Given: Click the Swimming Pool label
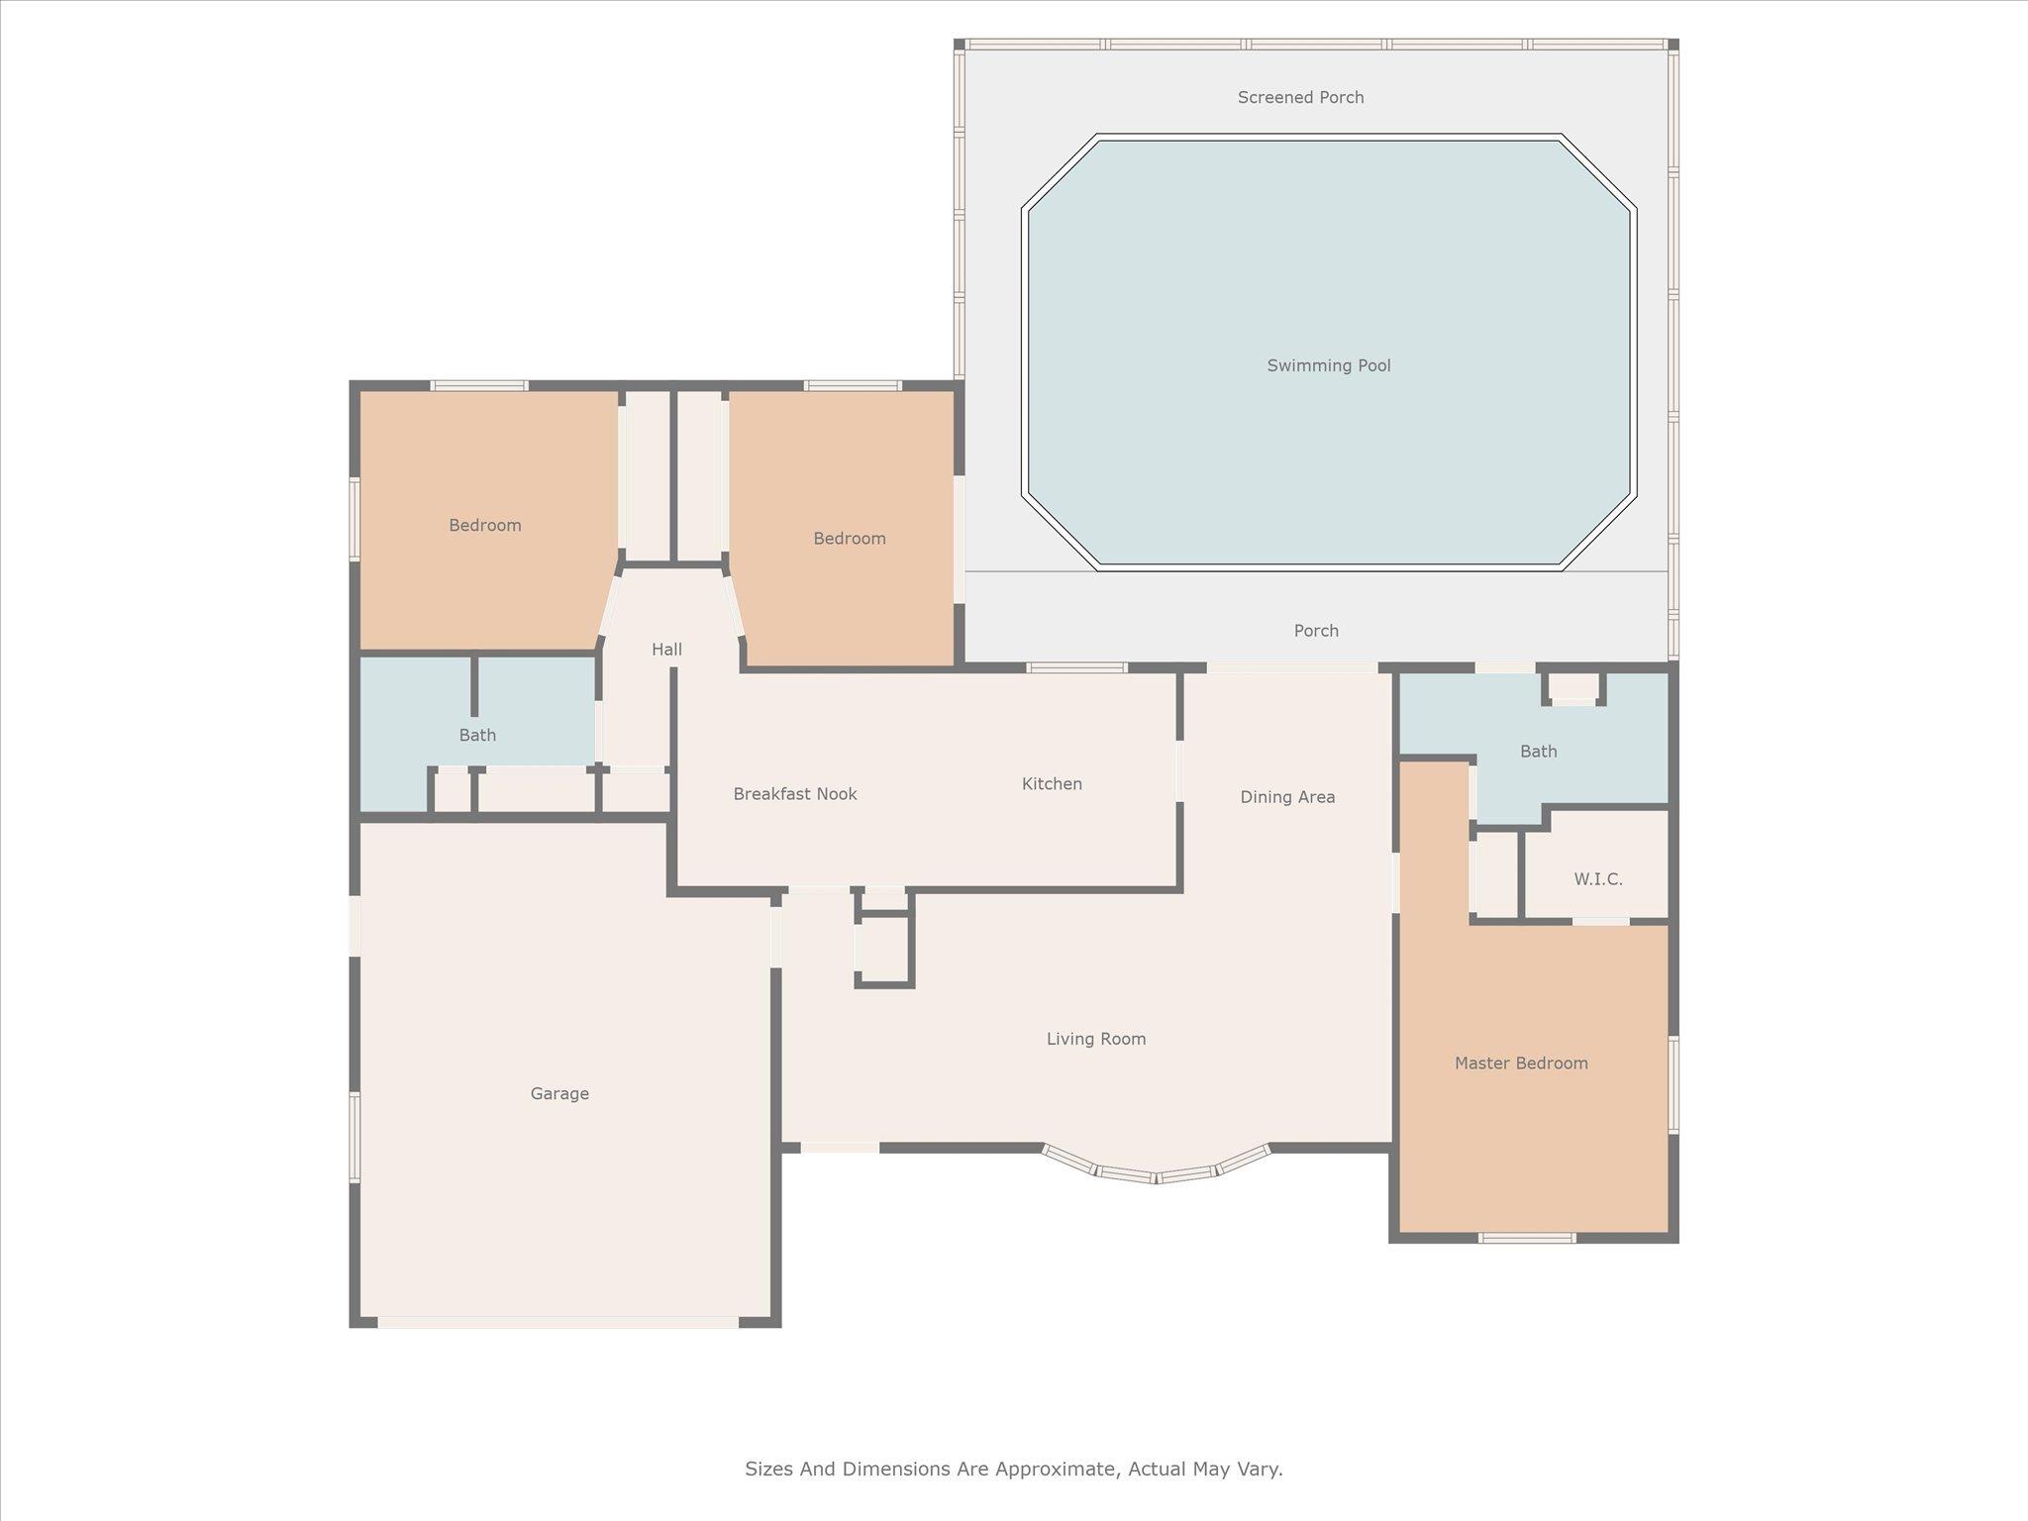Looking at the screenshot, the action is (1329, 365).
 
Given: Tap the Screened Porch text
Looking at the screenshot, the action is (1301, 97).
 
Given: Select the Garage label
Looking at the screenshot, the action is (559, 1093).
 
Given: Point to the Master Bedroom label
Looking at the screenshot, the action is (1521, 1063).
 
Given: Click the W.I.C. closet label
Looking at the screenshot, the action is (1598, 878).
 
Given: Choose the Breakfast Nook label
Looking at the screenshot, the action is (795, 793).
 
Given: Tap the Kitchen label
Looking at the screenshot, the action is (1052, 783).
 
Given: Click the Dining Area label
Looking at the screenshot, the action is (1287, 796).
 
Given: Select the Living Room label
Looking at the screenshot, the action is (1096, 1039).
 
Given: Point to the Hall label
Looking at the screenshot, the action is (666, 650).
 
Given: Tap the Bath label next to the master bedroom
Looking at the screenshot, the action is (1538, 752).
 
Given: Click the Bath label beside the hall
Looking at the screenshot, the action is (477, 735).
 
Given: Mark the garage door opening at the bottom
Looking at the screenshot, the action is (558, 1322).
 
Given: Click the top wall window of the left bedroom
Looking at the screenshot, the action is (479, 385).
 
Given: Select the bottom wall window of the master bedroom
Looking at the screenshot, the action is (1527, 1237).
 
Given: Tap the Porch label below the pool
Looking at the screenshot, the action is (1316, 631).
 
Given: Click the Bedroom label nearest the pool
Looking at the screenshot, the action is (850, 538).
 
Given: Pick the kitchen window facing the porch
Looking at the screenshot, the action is (1076, 667).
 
